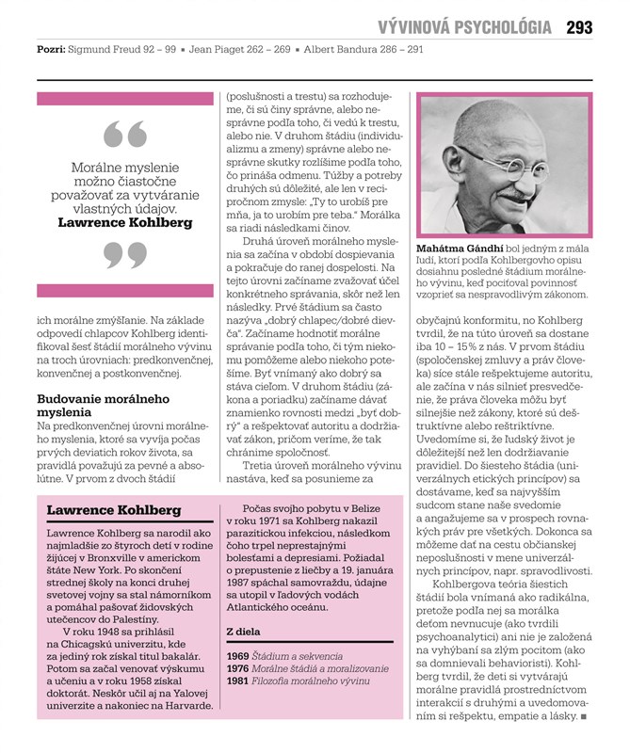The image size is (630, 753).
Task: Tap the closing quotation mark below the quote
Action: point(124,255)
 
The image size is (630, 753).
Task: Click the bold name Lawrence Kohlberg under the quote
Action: point(124,223)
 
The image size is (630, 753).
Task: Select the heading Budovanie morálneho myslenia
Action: point(90,405)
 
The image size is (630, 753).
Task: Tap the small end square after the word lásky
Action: point(585,718)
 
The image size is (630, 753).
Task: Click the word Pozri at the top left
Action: point(50,48)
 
